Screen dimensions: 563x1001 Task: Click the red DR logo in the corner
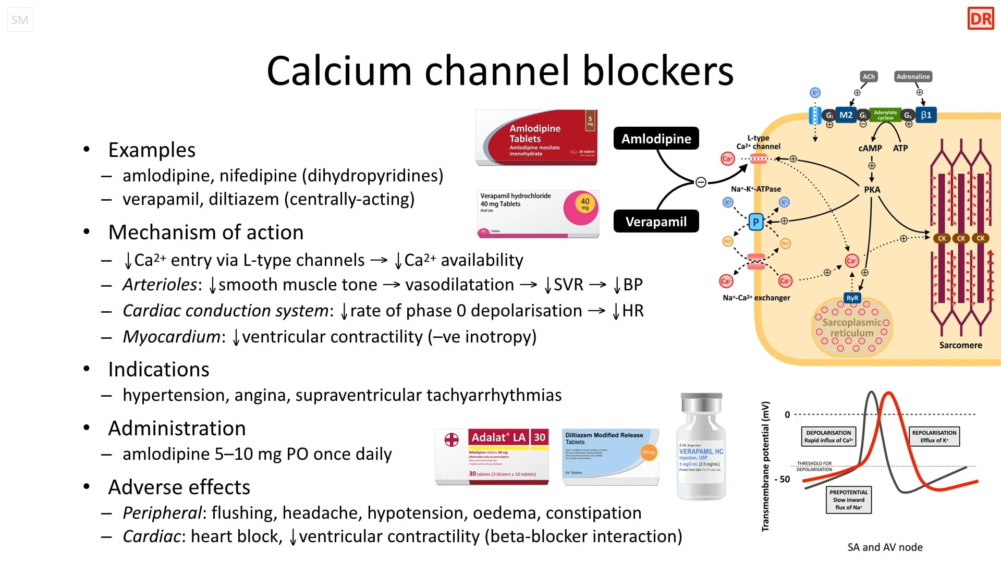pos(981,19)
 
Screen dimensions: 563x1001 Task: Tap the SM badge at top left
pos(20,20)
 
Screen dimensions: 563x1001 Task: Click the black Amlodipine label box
pos(656,139)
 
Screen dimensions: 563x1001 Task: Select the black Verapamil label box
pos(656,222)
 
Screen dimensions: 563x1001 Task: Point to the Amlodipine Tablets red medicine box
pos(537,138)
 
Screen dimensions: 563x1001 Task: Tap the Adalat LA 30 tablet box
pos(492,457)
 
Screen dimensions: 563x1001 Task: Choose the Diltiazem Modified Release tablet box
pos(611,457)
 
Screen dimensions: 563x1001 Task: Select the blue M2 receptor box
pos(846,115)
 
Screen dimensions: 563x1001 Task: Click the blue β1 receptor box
pos(926,115)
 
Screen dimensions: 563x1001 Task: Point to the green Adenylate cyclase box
pos(885,115)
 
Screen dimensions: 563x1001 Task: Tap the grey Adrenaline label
pos(913,77)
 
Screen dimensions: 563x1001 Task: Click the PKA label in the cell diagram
pos(872,190)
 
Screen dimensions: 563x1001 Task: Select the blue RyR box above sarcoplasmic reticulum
pos(852,298)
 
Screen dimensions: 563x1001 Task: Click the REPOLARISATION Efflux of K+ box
pos(934,436)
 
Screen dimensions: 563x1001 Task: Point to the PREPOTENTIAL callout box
pos(848,499)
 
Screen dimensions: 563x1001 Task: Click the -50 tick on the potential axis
pos(783,479)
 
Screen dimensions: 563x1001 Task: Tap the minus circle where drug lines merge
pos(701,182)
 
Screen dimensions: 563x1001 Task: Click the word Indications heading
pos(158,369)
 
